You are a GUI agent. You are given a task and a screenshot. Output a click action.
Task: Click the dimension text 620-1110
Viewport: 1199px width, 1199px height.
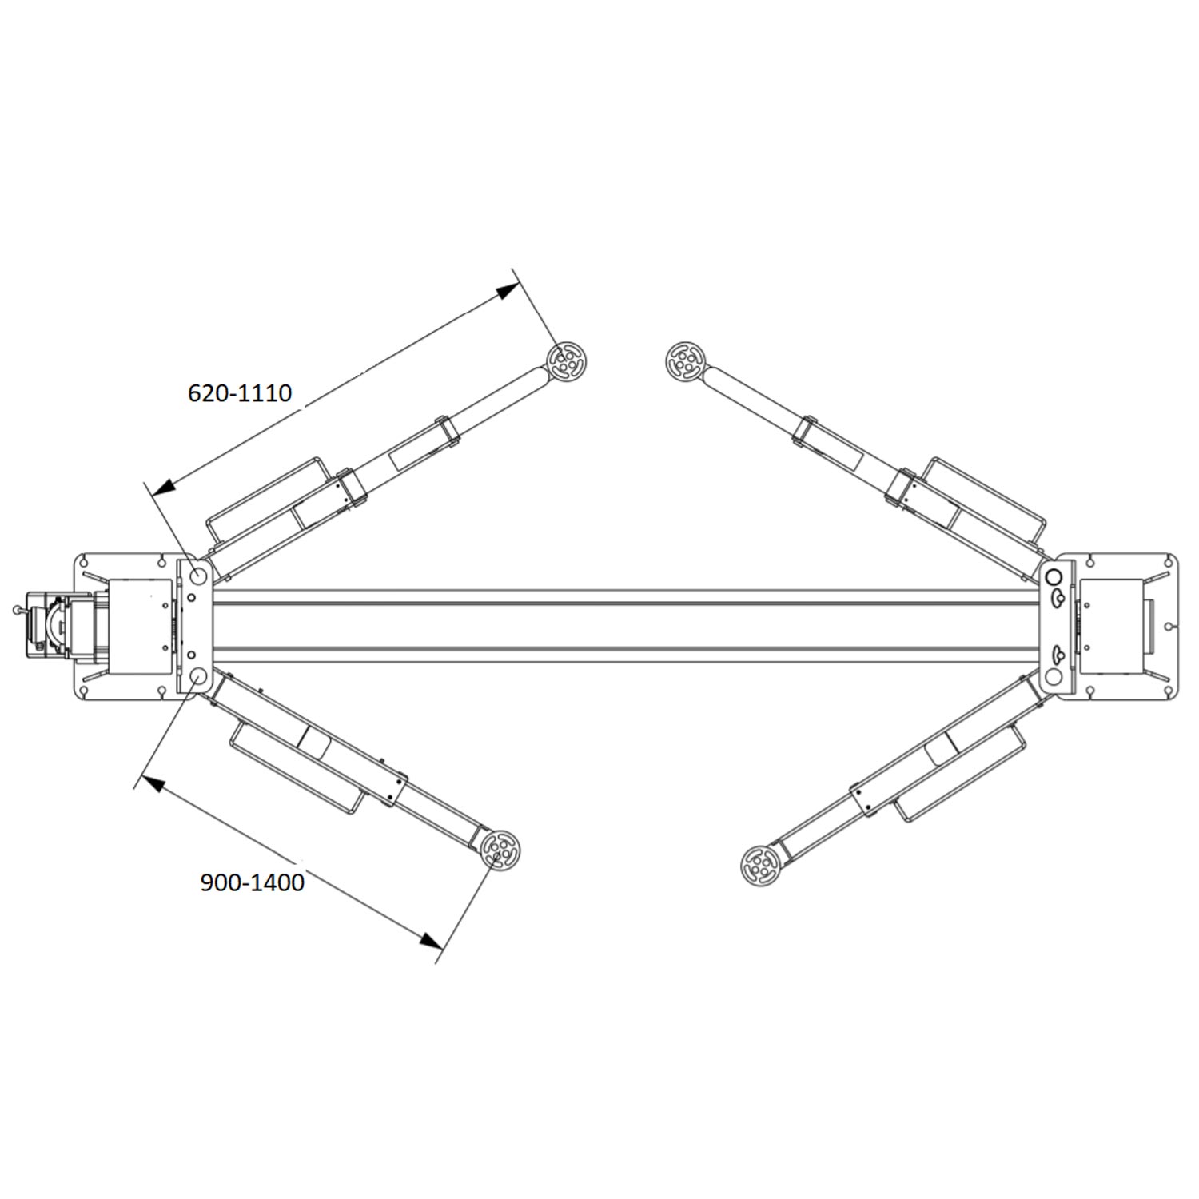point(240,393)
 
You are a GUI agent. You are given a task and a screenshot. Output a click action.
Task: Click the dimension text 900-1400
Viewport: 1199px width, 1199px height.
point(252,882)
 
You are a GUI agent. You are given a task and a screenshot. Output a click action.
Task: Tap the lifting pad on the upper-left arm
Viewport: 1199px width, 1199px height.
point(567,361)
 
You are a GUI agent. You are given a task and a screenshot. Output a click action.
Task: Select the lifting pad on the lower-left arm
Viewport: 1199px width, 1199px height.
point(500,849)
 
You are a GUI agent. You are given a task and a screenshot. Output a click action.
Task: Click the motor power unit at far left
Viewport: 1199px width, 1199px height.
point(60,625)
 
